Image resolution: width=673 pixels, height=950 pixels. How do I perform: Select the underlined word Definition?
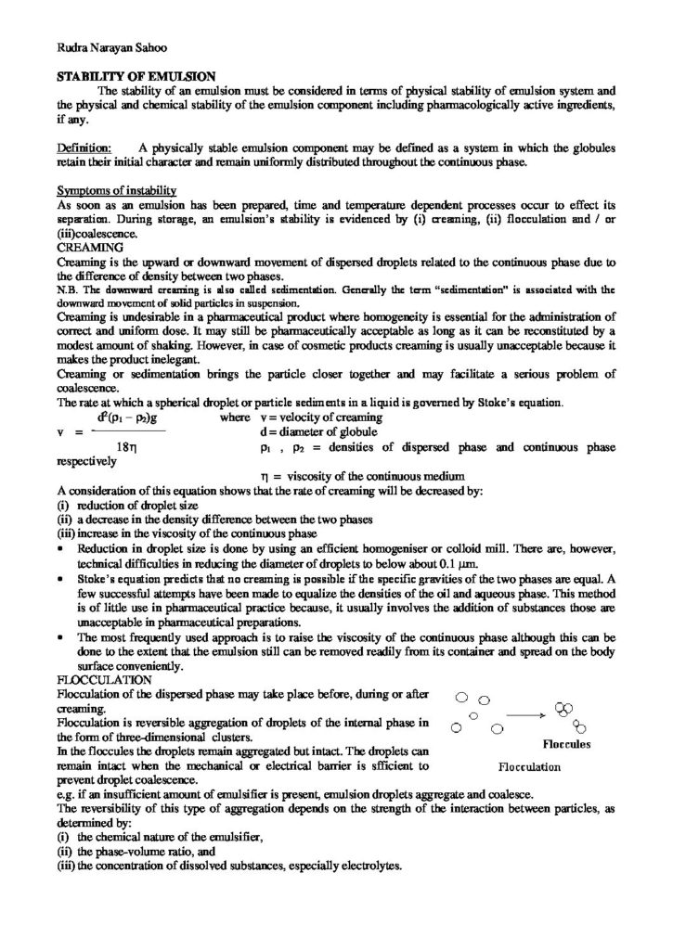(84, 147)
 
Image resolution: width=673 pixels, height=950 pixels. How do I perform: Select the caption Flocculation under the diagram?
(530, 767)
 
